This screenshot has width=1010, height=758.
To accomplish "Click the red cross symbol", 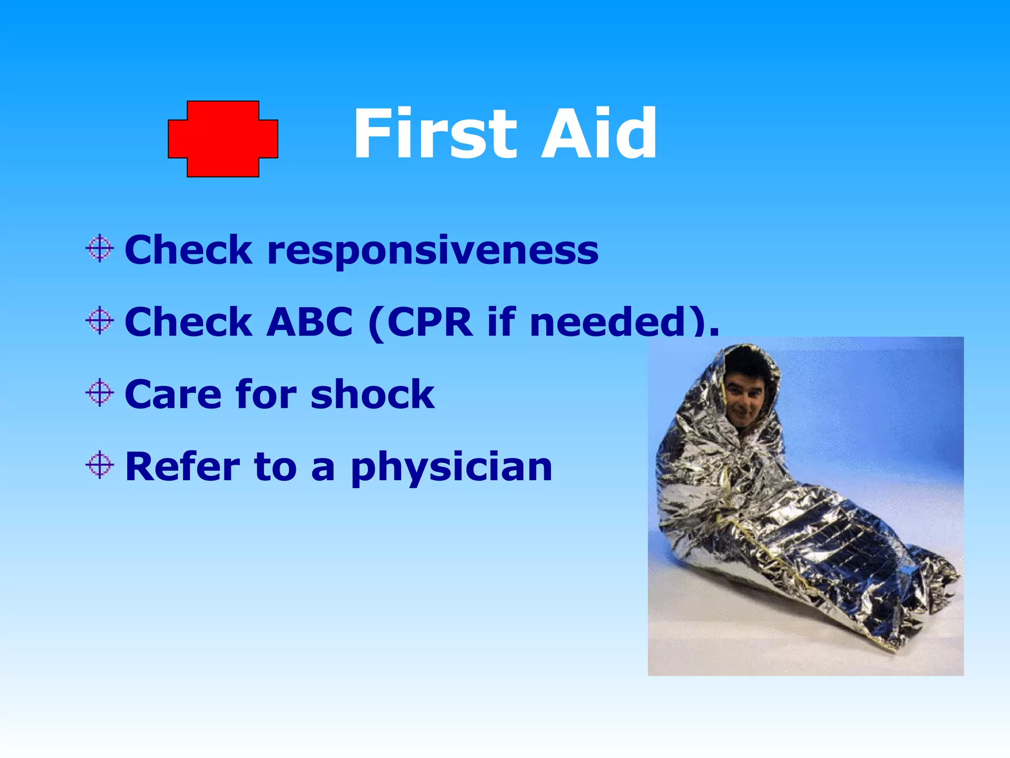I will (223, 139).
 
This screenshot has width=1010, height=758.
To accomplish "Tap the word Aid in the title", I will (599, 134).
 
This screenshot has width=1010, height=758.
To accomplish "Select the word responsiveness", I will (433, 251).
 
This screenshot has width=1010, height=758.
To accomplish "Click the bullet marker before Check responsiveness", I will (100, 248).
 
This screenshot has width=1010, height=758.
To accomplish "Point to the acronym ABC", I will (310, 322).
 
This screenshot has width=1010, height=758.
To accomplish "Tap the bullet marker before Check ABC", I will (100, 321).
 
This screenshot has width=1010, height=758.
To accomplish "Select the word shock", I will (373, 394).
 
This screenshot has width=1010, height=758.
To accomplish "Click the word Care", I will (173, 394).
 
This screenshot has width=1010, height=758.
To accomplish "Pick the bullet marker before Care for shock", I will (100, 393).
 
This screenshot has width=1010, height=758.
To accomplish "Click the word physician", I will (452, 468).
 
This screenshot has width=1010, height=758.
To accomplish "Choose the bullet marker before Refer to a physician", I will (100, 465).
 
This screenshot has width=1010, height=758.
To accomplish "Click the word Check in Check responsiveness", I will (188, 250).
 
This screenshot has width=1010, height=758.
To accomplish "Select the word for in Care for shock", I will (266, 394).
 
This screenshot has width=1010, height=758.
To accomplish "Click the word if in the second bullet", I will (502, 322).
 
